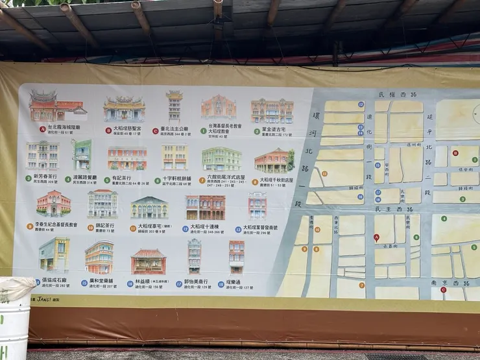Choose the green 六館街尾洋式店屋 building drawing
(x=221, y=158)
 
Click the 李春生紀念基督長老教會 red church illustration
(x=53, y=204)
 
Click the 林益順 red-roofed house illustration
(x=149, y=261)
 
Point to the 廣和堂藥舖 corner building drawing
(x=99, y=257)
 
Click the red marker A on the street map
(x=376, y=237)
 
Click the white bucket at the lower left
(x=15, y=318)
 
